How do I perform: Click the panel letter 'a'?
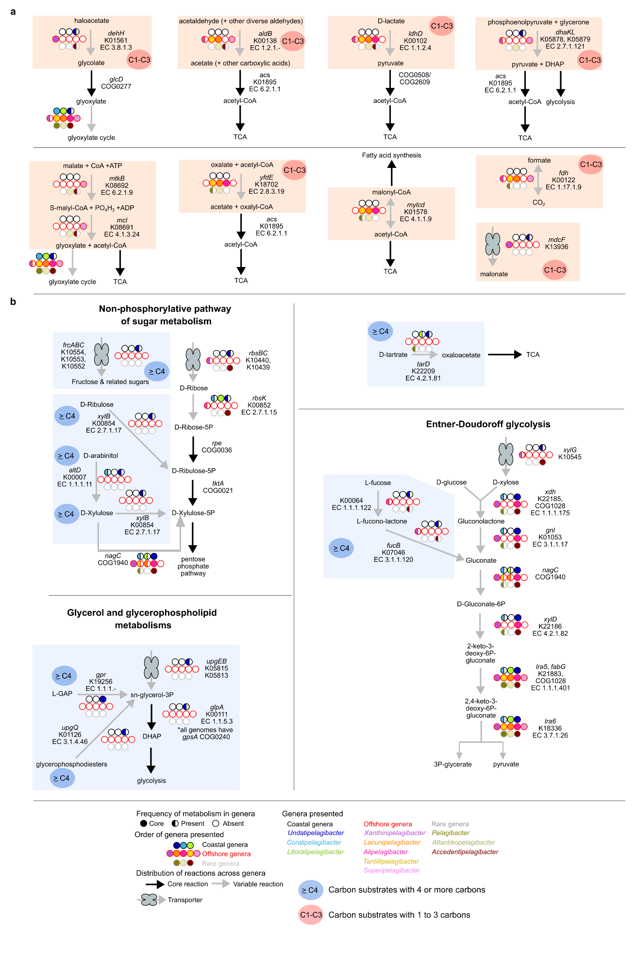[x=13, y=12]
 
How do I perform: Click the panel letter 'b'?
[x=13, y=301]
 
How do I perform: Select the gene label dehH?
[x=116, y=33]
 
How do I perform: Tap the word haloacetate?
[x=92, y=21]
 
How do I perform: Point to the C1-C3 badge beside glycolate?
[x=139, y=60]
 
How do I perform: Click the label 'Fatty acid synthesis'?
[x=391, y=155]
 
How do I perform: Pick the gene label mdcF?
[x=556, y=240]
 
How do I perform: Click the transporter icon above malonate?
[x=493, y=244]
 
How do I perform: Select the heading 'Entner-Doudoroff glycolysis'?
[x=488, y=424]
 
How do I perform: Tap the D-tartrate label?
[x=393, y=355]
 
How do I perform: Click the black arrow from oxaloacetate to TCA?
[x=504, y=355]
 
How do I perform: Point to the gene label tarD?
[x=423, y=364]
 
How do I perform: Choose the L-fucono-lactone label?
[x=382, y=521]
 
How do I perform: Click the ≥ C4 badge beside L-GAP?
[x=64, y=676]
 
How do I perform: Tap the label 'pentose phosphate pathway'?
[x=193, y=566]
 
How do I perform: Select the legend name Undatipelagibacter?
[x=316, y=833]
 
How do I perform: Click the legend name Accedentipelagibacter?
[x=465, y=852]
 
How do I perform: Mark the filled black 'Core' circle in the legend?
[x=144, y=824]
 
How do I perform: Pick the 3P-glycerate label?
[x=453, y=764]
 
